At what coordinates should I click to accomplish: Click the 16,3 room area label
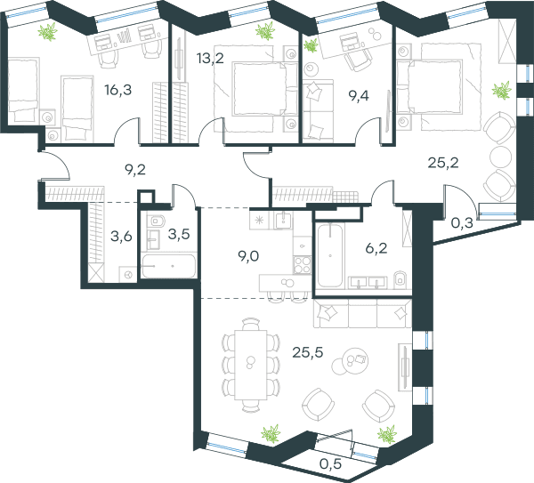click(117, 90)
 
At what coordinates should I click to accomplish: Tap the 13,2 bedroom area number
click(210, 58)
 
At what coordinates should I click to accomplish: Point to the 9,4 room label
click(359, 96)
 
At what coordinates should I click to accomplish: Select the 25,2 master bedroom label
click(443, 163)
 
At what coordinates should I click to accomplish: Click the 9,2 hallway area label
click(135, 169)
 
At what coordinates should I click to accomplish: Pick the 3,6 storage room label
click(121, 236)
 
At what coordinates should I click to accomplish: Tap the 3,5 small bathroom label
click(179, 234)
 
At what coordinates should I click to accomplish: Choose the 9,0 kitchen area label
click(248, 256)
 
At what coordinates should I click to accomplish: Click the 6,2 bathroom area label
click(376, 248)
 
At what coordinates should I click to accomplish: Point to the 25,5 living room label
click(308, 352)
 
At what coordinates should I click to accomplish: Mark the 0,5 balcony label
click(331, 463)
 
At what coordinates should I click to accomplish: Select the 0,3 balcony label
click(462, 223)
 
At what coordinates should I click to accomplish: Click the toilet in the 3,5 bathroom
click(157, 221)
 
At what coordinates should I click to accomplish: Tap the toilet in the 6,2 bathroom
click(400, 278)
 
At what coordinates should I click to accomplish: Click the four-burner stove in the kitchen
click(302, 264)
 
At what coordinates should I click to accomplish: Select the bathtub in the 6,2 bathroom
click(329, 255)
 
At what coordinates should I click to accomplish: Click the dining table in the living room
click(251, 365)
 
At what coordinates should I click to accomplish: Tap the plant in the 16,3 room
click(48, 32)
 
